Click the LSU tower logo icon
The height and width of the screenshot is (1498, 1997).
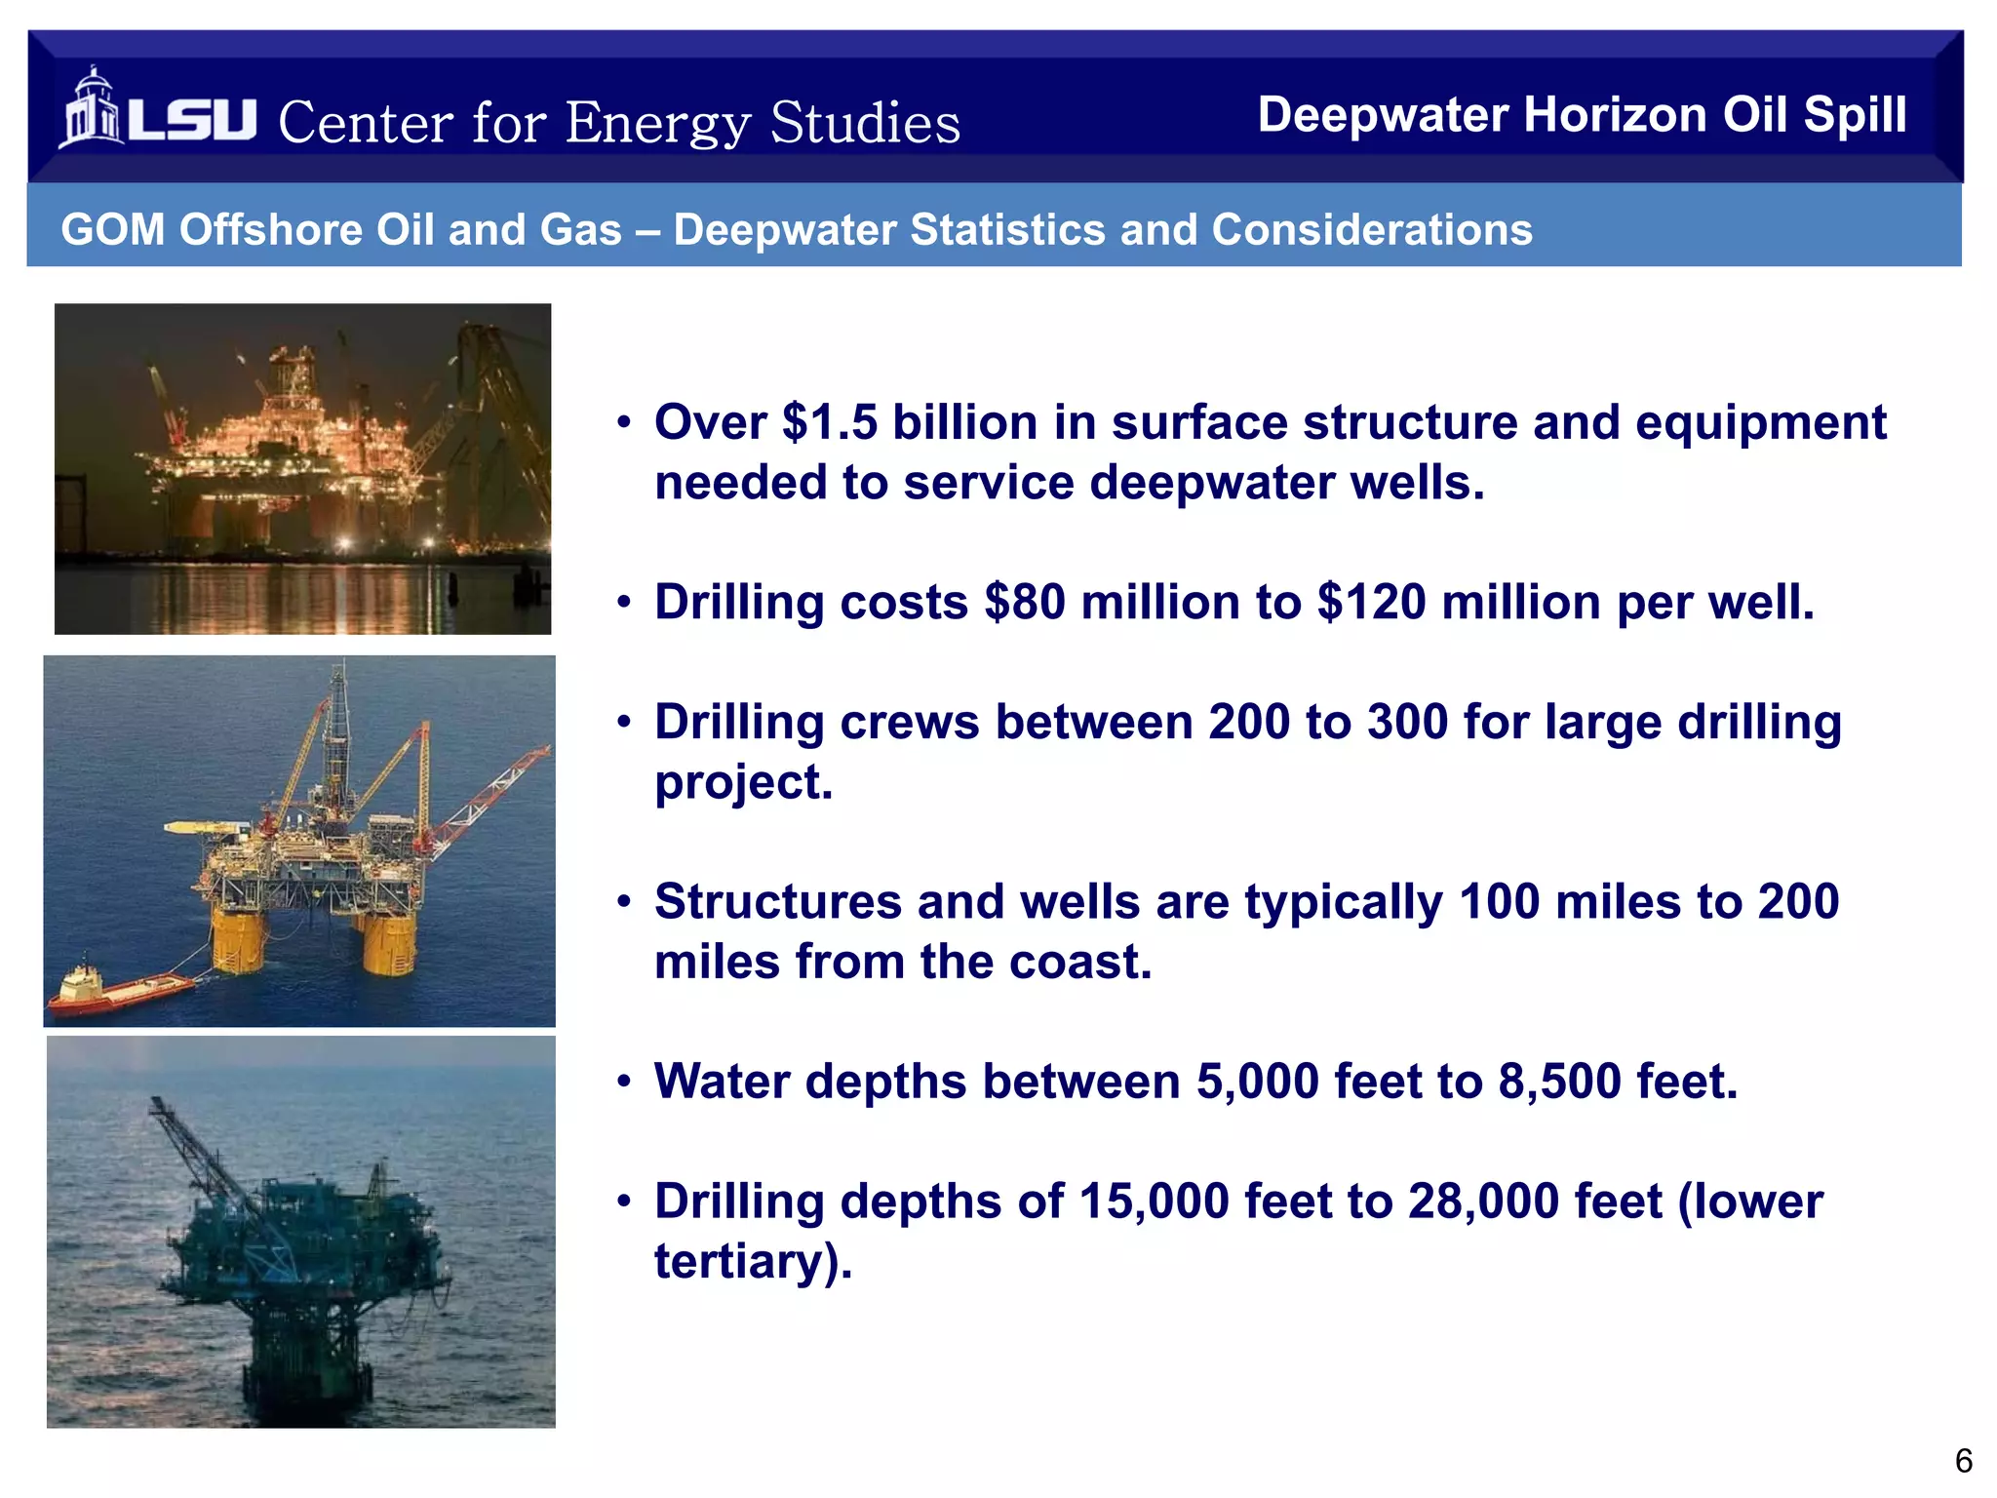point(92,109)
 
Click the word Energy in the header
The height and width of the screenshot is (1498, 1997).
point(657,124)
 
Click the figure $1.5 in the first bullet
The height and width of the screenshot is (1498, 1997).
point(830,423)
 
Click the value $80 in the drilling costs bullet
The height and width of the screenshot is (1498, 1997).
point(1024,603)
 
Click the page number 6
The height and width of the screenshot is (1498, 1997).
point(1964,1461)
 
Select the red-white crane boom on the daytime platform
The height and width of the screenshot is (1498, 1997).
point(488,800)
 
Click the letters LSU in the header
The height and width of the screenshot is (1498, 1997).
point(192,120)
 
